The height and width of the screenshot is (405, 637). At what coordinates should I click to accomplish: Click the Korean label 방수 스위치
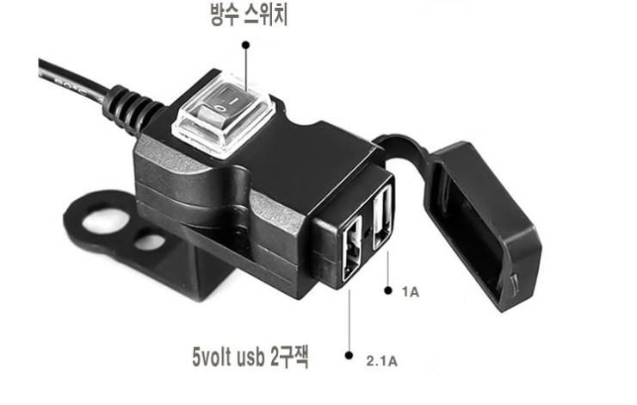pos(249,15)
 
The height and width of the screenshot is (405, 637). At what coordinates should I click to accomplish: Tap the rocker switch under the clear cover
pos(224,107)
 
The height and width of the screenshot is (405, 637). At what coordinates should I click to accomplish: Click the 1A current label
pos(411,291)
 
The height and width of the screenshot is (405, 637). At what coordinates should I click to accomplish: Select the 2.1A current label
pos(382,361)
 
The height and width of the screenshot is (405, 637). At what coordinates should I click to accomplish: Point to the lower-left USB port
pos(352,249)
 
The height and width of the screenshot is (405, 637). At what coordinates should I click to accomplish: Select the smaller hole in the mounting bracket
pos(150,241)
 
